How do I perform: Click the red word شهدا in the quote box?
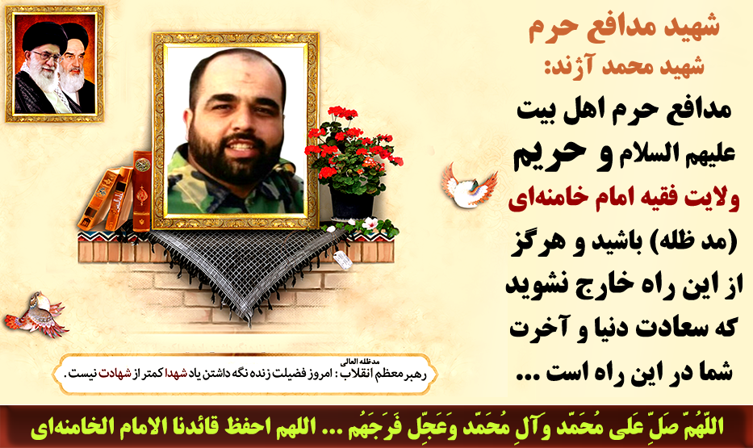click(176, 374)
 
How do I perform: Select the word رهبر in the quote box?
click(415, 374)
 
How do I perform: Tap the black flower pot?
click(352, 203)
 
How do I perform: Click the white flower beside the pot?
click(370, 224)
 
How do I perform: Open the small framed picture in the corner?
click(55, 65)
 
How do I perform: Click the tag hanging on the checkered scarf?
click(342, 260)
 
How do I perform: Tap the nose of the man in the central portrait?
click(236, 123)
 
